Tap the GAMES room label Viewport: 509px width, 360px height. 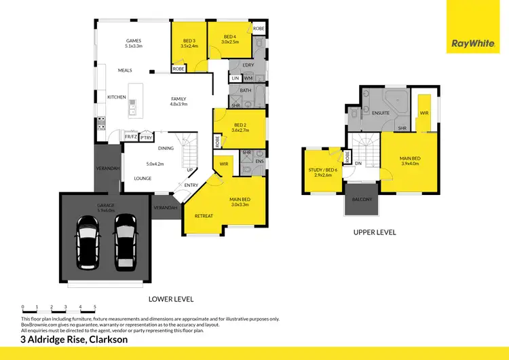[x=134, y=40]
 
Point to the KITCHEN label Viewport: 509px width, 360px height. [x=117, y=97]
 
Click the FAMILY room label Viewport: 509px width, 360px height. [x=178, y=98]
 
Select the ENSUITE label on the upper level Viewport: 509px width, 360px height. [x=380, y=113]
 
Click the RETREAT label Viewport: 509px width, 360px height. [x=204, y=216]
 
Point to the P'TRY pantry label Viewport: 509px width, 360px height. [x=146, y=137]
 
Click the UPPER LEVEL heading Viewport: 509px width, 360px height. [x=374, y=232]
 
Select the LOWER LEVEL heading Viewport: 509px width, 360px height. [x=171, y=299]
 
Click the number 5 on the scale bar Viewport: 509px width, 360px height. [x=95, y=307]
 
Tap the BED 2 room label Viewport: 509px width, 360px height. [x=240, y=125]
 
